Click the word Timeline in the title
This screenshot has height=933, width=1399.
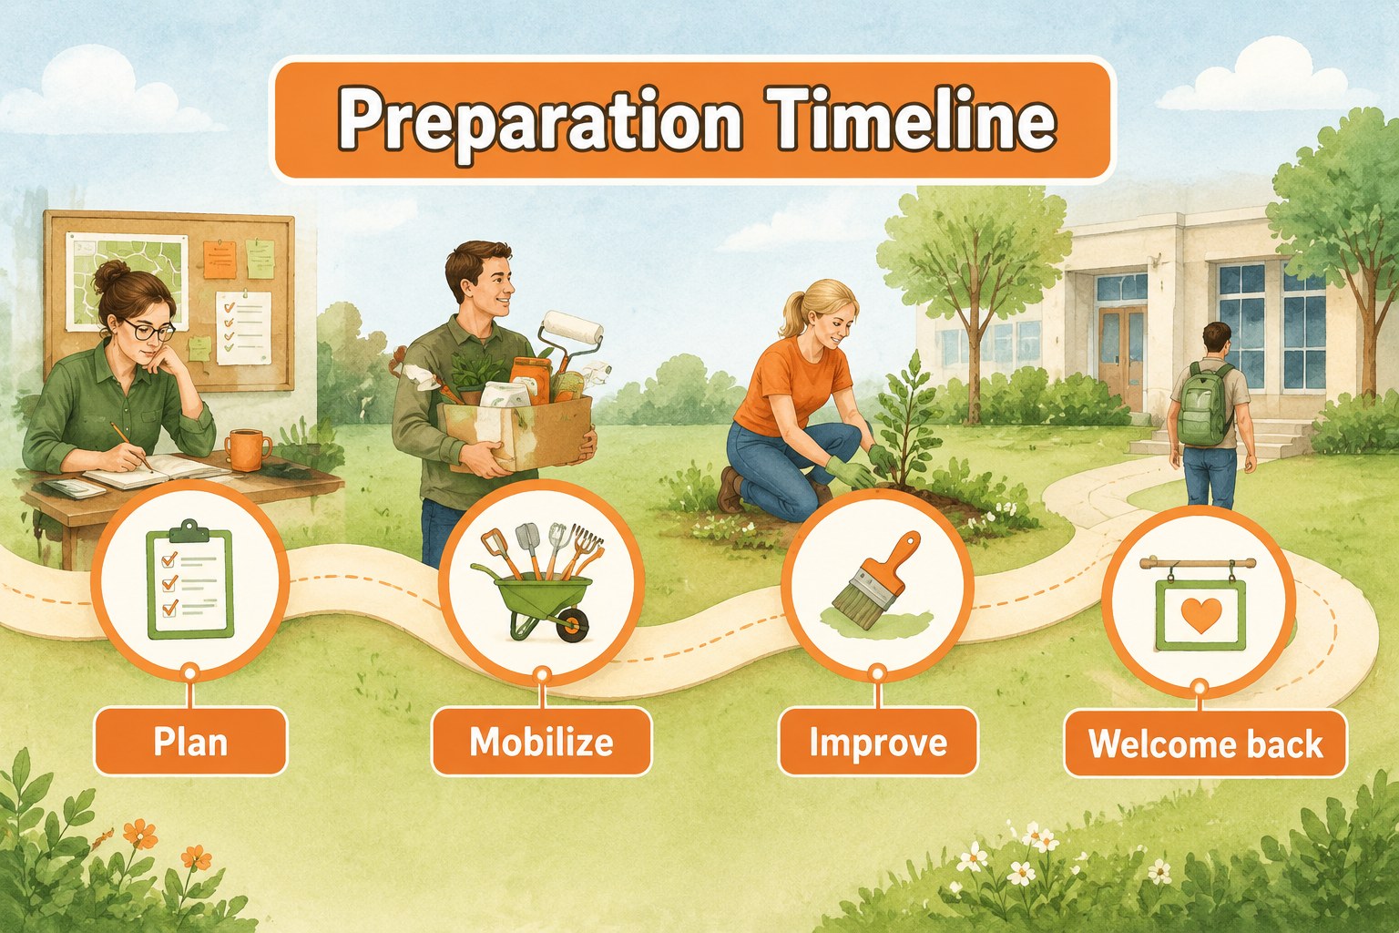pos(915,120)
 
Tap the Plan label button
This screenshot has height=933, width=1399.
pos(190,742)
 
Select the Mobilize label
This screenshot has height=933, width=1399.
pos(542,742)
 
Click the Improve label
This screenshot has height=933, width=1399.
pos(878,742)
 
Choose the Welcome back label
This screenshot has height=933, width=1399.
pos(1205,743)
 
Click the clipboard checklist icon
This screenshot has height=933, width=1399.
pos(189,579)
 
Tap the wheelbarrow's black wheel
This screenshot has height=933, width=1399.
pos(572,625)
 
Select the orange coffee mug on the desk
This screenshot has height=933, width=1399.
pos(248,449)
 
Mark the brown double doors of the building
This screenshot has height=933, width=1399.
pos(1121,357)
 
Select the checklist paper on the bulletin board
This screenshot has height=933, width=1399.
pos(243,327)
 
